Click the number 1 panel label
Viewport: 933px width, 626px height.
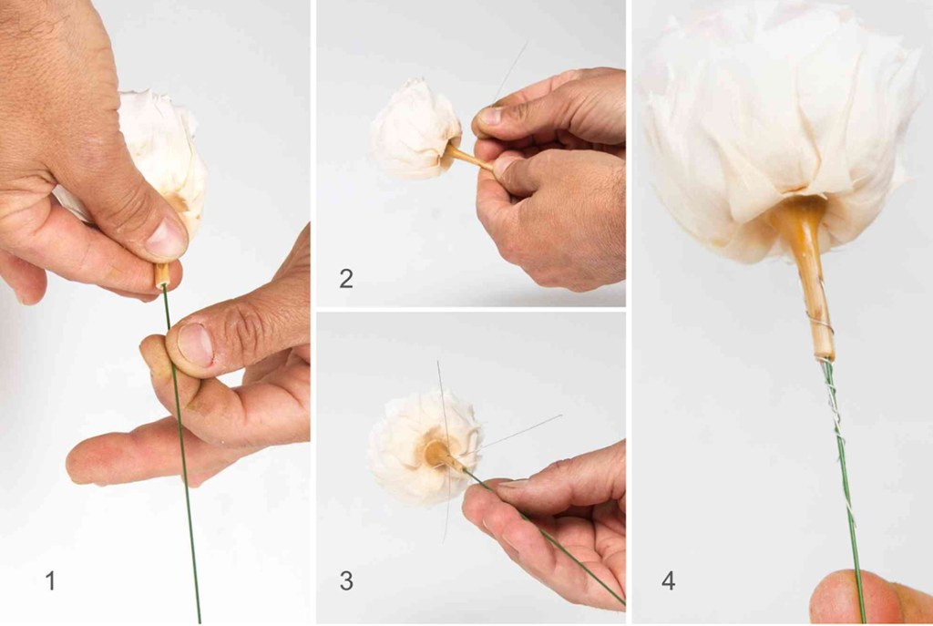point(51,580)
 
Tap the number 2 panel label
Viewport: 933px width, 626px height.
point(345,279)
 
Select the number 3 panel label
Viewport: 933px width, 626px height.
point(345,580)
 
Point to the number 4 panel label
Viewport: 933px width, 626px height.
point(668,580)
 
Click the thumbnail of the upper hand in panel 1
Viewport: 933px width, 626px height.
point(166,237)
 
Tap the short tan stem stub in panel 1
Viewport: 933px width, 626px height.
point(162,275)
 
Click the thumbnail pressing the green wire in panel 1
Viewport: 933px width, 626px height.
point(195,344)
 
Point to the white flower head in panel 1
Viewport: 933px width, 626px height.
point(164,155)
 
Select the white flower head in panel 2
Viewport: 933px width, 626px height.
point(415,129)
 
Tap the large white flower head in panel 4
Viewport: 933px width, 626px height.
point(780,119)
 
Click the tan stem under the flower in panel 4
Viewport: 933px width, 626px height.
point(805,273)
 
